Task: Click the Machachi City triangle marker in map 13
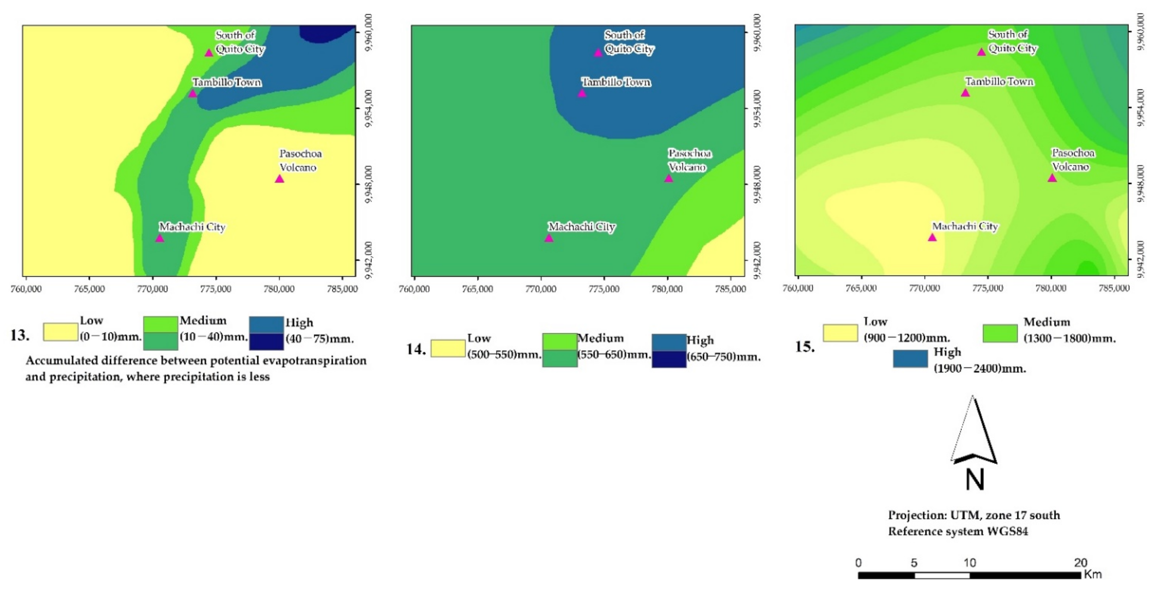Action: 159,238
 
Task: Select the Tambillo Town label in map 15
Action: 999,82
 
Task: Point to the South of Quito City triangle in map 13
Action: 209,53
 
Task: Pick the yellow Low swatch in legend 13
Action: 61,332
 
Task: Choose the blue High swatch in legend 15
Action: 910,359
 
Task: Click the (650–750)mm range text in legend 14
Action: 723,357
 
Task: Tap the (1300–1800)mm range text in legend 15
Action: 1069,338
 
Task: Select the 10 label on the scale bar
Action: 969,563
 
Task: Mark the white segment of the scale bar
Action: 942,575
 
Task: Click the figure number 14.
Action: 415,349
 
